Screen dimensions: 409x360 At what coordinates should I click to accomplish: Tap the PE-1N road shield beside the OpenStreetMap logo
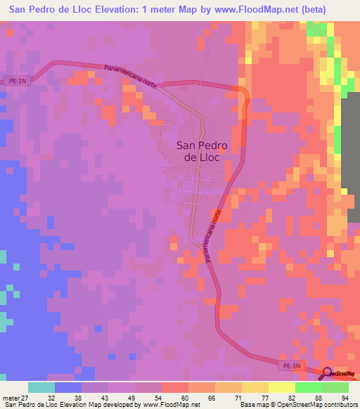tap(292, 367)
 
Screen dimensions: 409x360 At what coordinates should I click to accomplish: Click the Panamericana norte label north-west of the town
tap(131, 77)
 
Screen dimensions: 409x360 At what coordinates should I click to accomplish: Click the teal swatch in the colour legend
tap(41, 387)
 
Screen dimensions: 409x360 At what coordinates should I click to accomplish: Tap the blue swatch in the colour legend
tap(68, 387)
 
